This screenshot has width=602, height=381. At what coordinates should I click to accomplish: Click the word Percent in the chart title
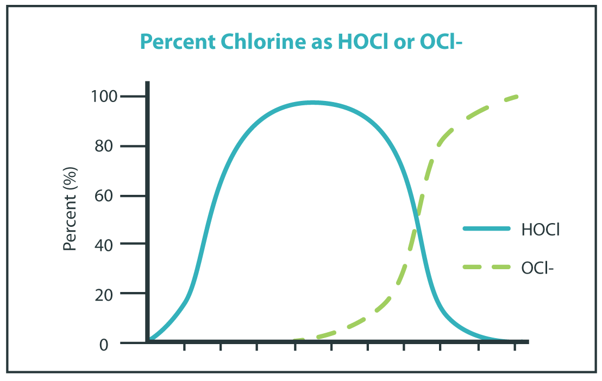click(172, 42)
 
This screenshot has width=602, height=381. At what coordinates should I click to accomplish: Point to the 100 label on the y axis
click(105, 97)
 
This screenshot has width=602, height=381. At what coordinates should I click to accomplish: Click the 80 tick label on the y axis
click(109, 147)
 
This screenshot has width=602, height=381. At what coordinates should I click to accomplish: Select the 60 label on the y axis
click(109, 196)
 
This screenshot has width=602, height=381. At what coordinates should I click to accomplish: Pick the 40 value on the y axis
click(109, 245)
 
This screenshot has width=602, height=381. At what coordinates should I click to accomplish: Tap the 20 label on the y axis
click(109, 294)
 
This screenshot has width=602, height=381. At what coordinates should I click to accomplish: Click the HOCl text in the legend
click(541, 230)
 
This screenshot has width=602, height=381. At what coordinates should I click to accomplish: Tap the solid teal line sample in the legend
click(486, 229)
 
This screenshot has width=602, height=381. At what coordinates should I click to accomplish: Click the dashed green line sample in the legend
click(486, 267)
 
